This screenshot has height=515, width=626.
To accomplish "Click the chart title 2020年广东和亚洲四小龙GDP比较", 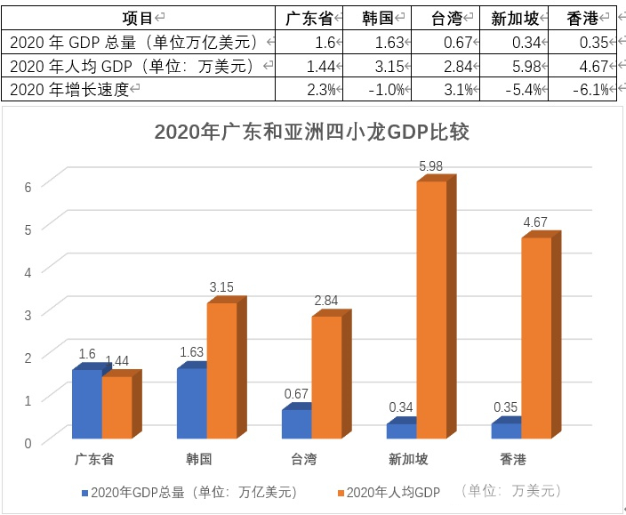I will [311, 133].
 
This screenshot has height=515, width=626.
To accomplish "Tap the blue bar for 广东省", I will [87, 404].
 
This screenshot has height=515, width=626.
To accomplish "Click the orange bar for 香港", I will [536, 338].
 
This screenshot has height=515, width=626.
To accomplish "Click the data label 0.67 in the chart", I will [296, 394].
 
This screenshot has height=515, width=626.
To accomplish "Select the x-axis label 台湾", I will [304, 459].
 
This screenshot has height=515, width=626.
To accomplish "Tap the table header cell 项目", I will [142, 17].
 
